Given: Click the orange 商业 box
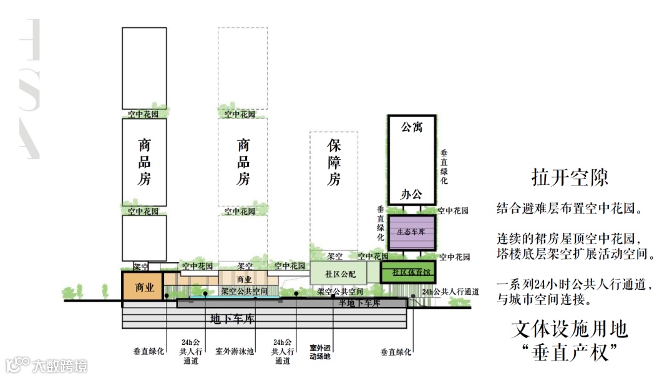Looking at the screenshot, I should coord(143,287).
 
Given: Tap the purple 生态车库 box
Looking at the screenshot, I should coord(411,231).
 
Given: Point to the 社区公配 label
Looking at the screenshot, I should coord(340,273).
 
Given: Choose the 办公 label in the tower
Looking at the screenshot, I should coord(411,194).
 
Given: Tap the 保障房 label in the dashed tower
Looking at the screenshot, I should coord(334,163).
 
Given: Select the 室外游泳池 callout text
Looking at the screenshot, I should coord(235,351).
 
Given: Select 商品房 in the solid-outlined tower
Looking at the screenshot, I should coord(144,163).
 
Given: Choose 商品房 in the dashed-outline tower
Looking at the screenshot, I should coord(243,163).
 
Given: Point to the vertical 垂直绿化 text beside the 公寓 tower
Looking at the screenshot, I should coord(444,166).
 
